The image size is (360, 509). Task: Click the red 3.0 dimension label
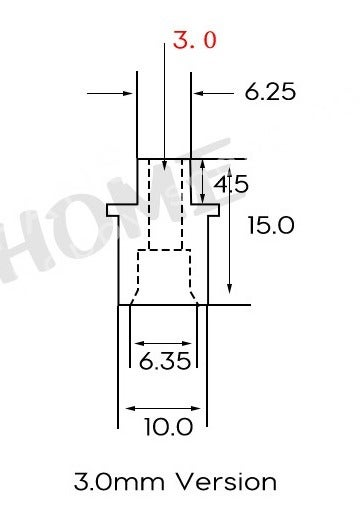point(195,40)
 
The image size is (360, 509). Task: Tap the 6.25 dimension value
point(270,91)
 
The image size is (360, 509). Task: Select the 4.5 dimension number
point(231,184)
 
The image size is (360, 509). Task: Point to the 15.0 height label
point(271,225)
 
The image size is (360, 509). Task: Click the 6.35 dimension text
point(165,361)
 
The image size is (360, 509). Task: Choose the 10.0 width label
point(169,427)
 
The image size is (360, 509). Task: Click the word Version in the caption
point(226,482)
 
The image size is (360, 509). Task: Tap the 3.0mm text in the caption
point(119,482)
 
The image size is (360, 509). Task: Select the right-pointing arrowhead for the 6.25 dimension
point(128,93)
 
